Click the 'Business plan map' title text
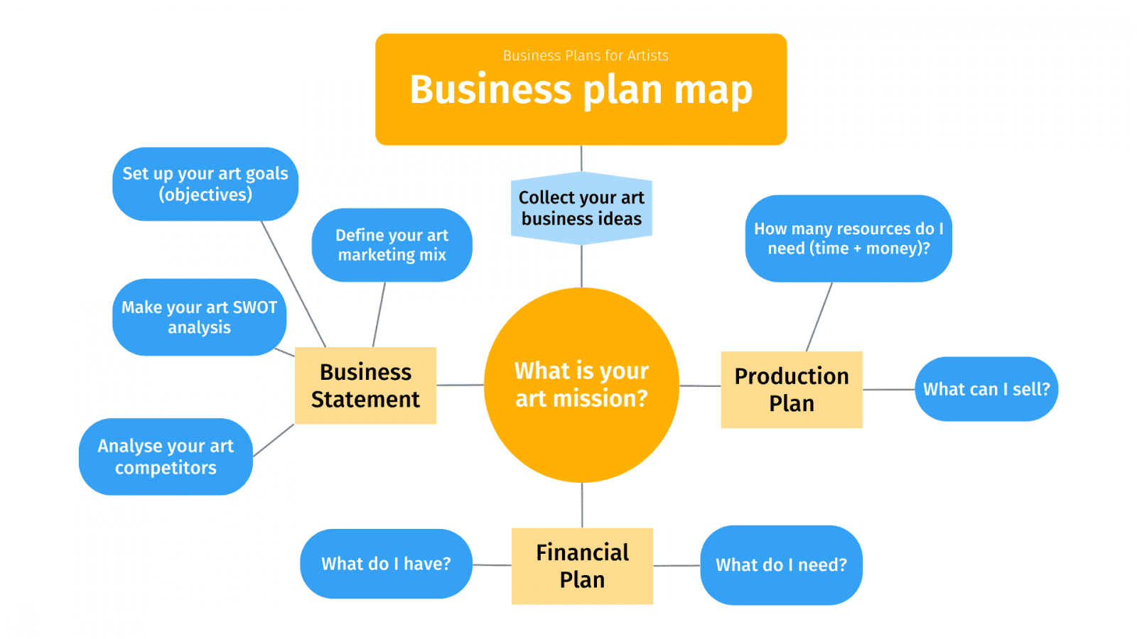coord(581,90)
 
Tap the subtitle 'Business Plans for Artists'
coord(586,55)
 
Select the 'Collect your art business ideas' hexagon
coord(581,208)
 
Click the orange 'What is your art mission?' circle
coord(581,385)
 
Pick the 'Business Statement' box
coord(365,386)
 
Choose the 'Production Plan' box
coord(792,390)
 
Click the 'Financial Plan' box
coord(582,566)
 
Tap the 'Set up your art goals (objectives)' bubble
coord(205,184)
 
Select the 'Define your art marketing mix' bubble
coord(392,245)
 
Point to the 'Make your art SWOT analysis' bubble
coord(200,317)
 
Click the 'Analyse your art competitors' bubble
coord(166,457)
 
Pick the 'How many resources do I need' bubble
coord(848,239)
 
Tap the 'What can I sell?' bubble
coord(986,389)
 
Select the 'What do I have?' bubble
coord(387,564)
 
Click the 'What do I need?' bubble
coord(781,565)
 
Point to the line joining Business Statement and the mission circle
coord(460,385)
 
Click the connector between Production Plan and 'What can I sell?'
coord(889,390)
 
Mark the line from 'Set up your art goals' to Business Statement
coord(293,284)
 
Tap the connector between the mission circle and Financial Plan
coord(582,505)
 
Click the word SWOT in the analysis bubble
coord(255,307)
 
